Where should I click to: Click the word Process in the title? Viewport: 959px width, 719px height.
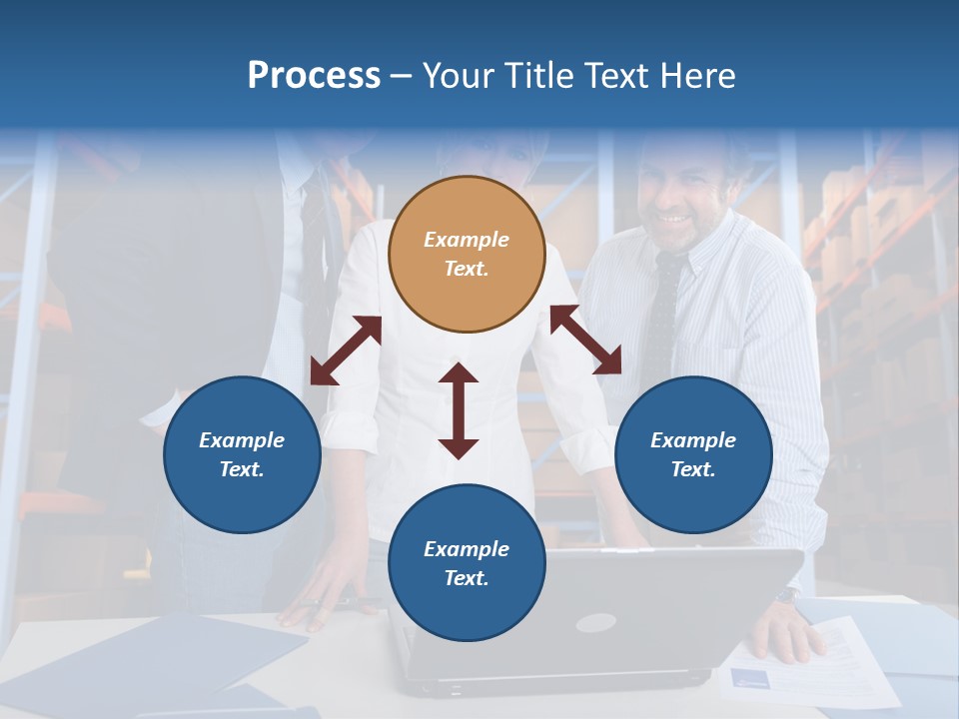coord(314,76)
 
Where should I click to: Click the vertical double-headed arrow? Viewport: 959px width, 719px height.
coord(459,410)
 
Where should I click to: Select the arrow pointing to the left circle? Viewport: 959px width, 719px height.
coord(346,351)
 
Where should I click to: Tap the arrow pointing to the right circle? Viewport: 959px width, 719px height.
coord(585,340)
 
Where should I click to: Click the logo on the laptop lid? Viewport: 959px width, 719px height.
coord(595,622)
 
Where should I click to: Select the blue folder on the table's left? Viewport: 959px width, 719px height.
coord(150,664)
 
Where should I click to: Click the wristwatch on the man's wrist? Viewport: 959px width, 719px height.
coord(787,595)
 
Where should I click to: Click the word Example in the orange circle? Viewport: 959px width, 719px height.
coord(467,240)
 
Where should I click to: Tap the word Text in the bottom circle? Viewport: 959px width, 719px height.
coord(465,578)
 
